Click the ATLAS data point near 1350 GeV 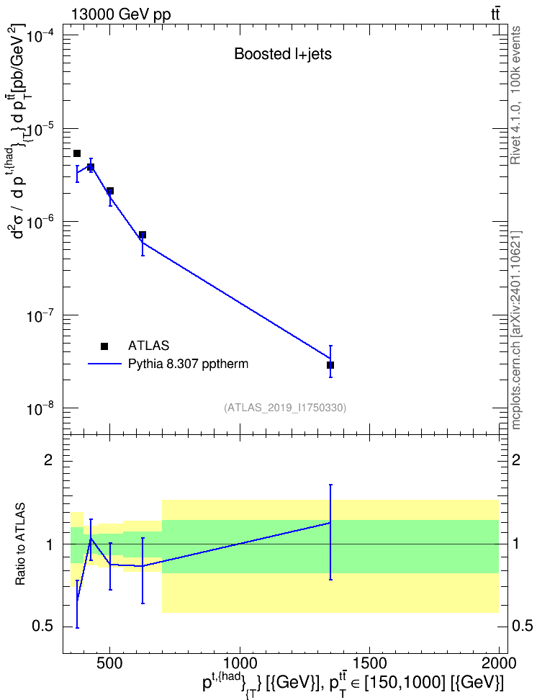click(330, 365)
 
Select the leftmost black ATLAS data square click(77, 153)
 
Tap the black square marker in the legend click(104, 346)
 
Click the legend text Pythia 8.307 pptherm click(188, 364)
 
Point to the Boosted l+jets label click(283, 54)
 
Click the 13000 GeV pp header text click(121, 14)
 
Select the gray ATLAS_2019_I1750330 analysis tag click(285, 408)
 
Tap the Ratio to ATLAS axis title click(21, 544)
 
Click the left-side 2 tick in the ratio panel click(48, 460)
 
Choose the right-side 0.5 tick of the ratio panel click(522, 627)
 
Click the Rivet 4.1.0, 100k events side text click(515, 95)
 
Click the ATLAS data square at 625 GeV click(143, 235)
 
